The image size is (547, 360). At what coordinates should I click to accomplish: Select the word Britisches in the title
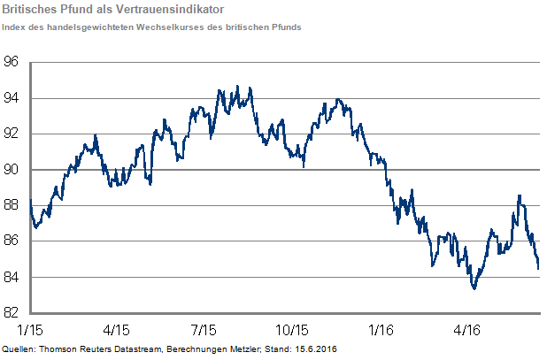[30, 10]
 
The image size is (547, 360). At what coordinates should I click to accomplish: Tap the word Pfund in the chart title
[81, 10]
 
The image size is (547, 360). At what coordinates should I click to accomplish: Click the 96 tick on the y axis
[12, 63]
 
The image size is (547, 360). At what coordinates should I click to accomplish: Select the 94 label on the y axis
[12, 98]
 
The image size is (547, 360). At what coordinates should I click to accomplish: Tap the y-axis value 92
[12, 134]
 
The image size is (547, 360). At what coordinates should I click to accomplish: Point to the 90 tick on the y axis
[12, 170]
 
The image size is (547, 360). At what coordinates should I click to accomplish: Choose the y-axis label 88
[12, 206]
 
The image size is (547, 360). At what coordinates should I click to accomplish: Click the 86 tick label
[12, 241]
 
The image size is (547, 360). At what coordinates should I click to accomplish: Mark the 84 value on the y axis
[12, 278]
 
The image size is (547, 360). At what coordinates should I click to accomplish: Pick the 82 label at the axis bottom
[12, 313]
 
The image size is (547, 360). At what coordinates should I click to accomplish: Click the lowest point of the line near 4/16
[474, 288]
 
